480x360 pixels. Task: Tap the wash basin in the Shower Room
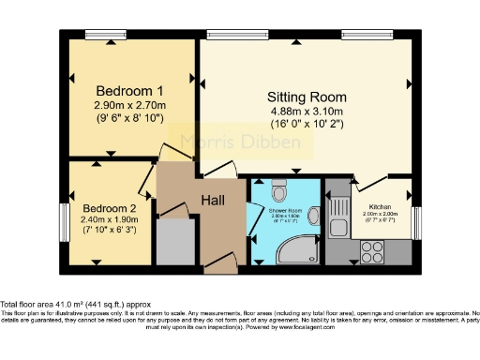pyautogui.click(x=312, y=217)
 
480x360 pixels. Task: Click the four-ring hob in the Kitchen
pyautogui.click(x=371, y=250)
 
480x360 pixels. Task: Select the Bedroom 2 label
pyautogui.click(x=109, y=208)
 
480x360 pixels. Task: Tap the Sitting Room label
pyautogui.click(x=307, y=97)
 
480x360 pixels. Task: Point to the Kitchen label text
pyautogui.click(x=379, y=206)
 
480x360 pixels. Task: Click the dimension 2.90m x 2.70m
pyautogui.click(x=130, y=106)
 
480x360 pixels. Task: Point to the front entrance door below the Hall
pyautogui.click(x=219, y=265)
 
